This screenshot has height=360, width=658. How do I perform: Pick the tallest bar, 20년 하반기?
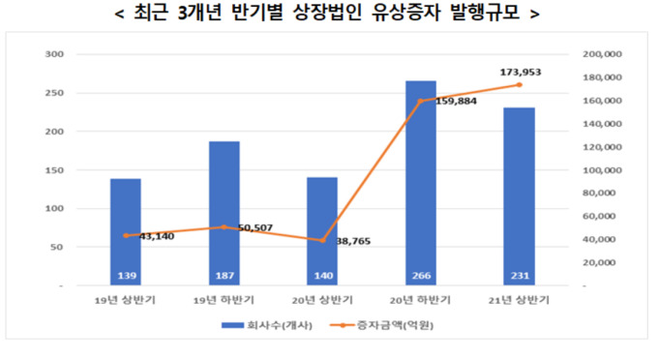pyautogui.click(x=421, y=174)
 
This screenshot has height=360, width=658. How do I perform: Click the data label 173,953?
pyautogui.click(x=520, y=72)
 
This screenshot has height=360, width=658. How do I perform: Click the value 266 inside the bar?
pyautogui.click(x=421, y=274)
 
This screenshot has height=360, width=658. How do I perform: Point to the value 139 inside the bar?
pyautogui.click(x=125, y=274)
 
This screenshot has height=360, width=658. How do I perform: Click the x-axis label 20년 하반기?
pyautogui.click(x=421, y=301)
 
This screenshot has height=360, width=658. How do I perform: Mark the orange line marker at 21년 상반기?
pyautogui.click(x=520, y=85)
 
